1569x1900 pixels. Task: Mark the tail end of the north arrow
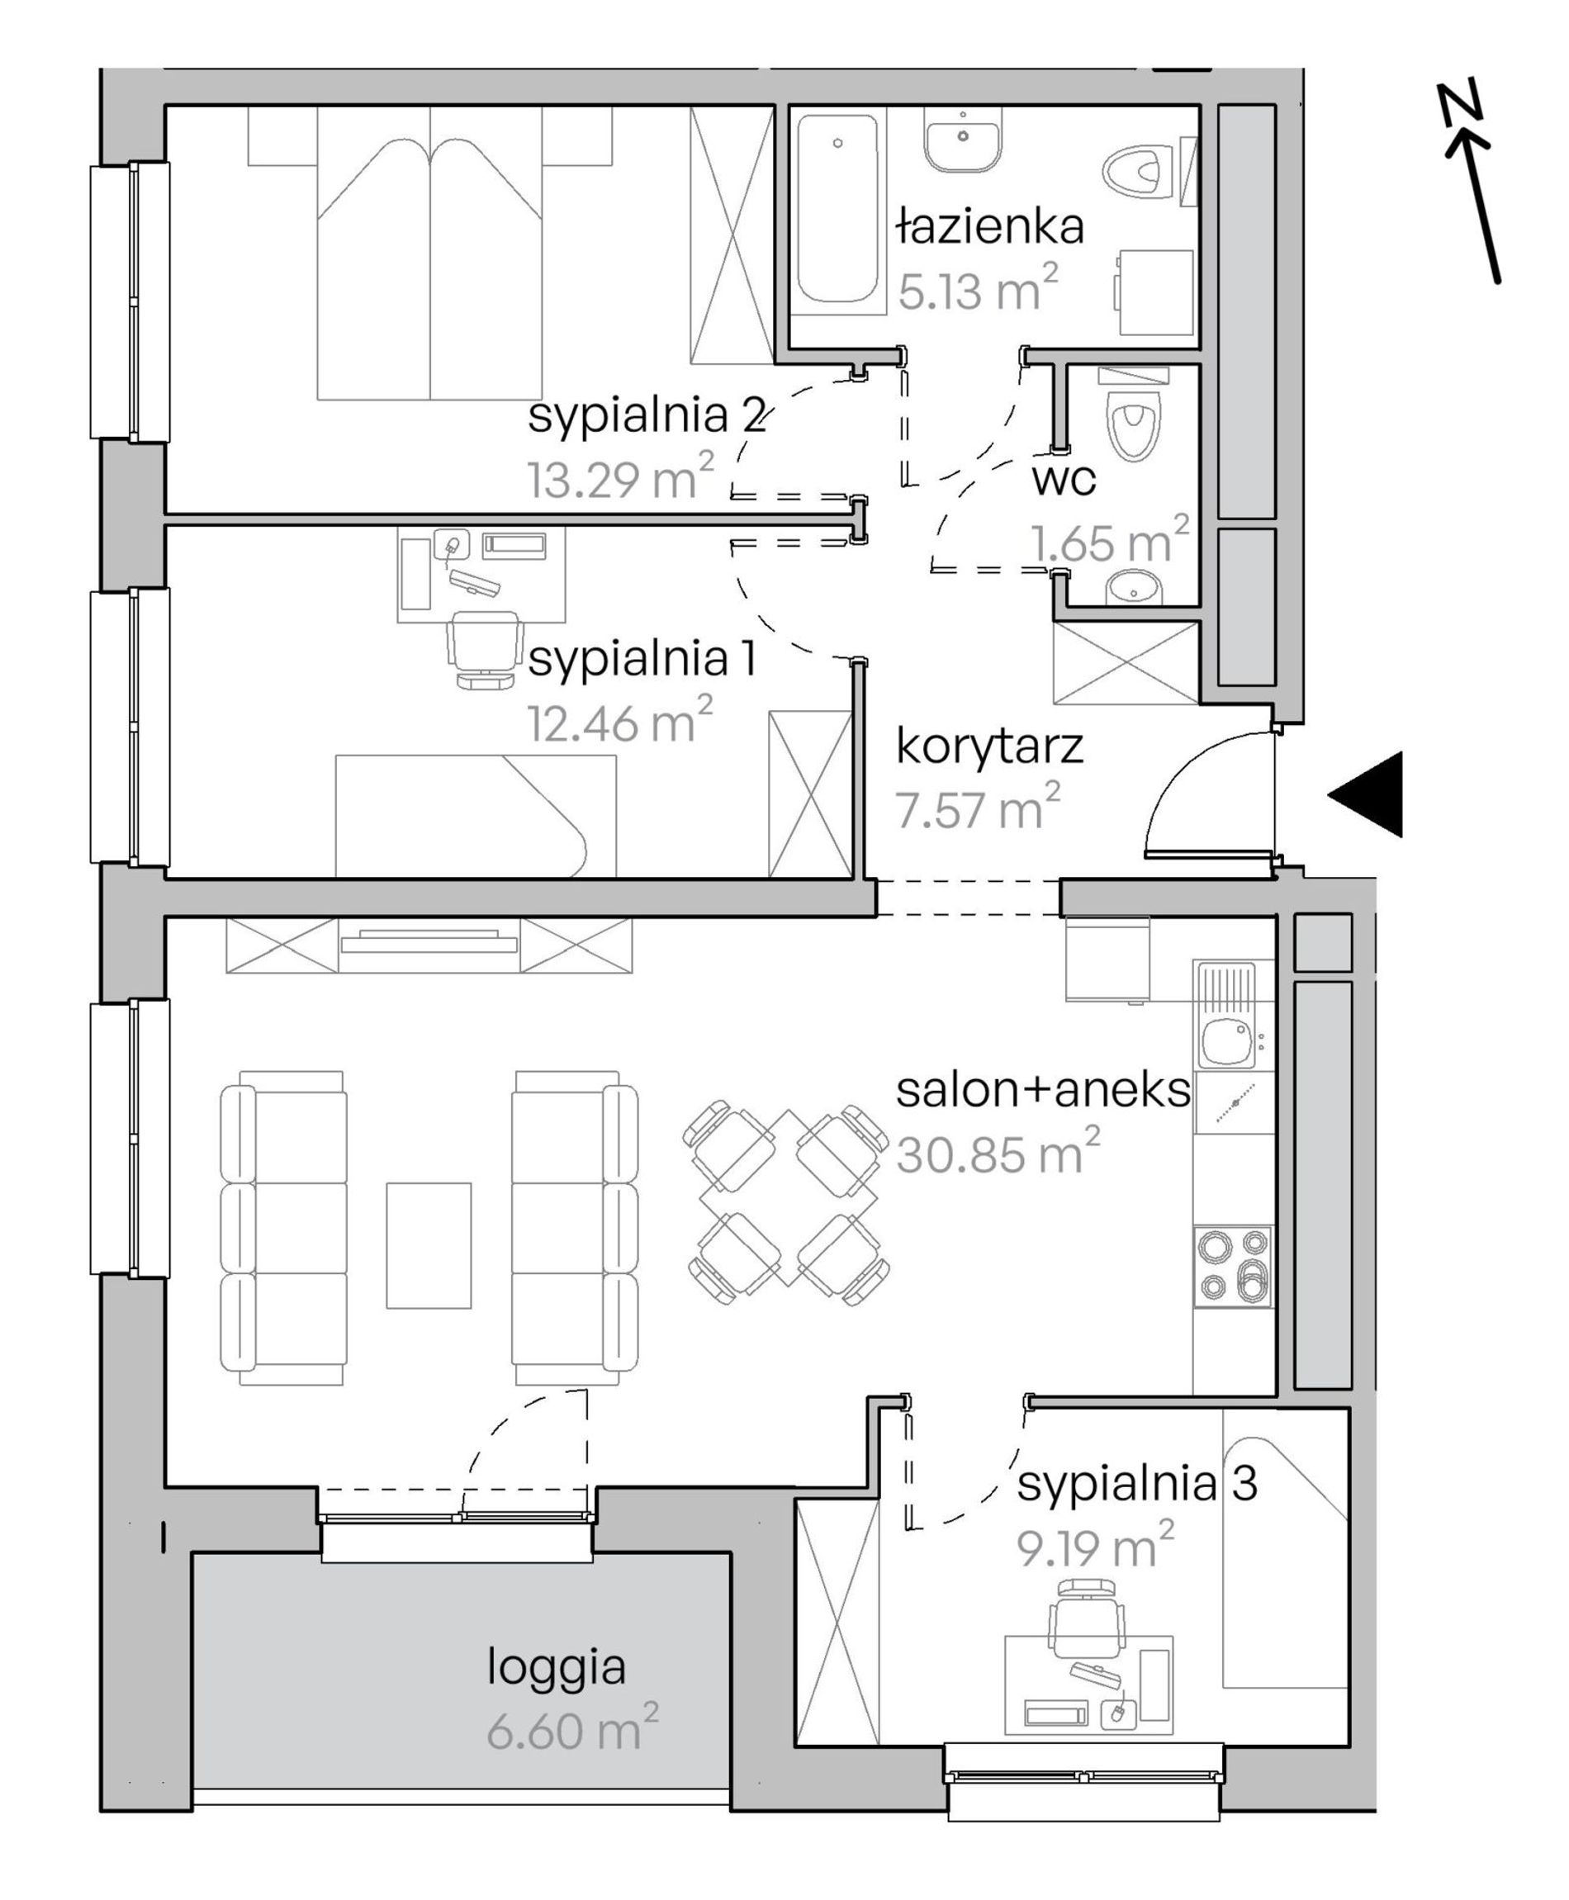click(x=1499, y=282)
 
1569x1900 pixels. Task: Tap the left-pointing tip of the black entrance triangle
click(x=1328, y=794)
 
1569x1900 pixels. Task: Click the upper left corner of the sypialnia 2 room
click(x=166, y=107)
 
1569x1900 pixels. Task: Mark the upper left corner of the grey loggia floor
click(x=193, y=1554)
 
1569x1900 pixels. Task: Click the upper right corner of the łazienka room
click(x=1198, y=107)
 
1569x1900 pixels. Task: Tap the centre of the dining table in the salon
click(x=787, y=1200)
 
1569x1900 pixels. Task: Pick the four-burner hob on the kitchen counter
click(x=1233, y=1266)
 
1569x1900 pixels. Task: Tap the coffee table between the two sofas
click(x=429, y=1244)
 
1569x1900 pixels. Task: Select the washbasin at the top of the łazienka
click(x=964, y=140)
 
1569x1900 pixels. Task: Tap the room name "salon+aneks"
click(x=1043, y=1090)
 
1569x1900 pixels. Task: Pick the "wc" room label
click(x=1064, y=480)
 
